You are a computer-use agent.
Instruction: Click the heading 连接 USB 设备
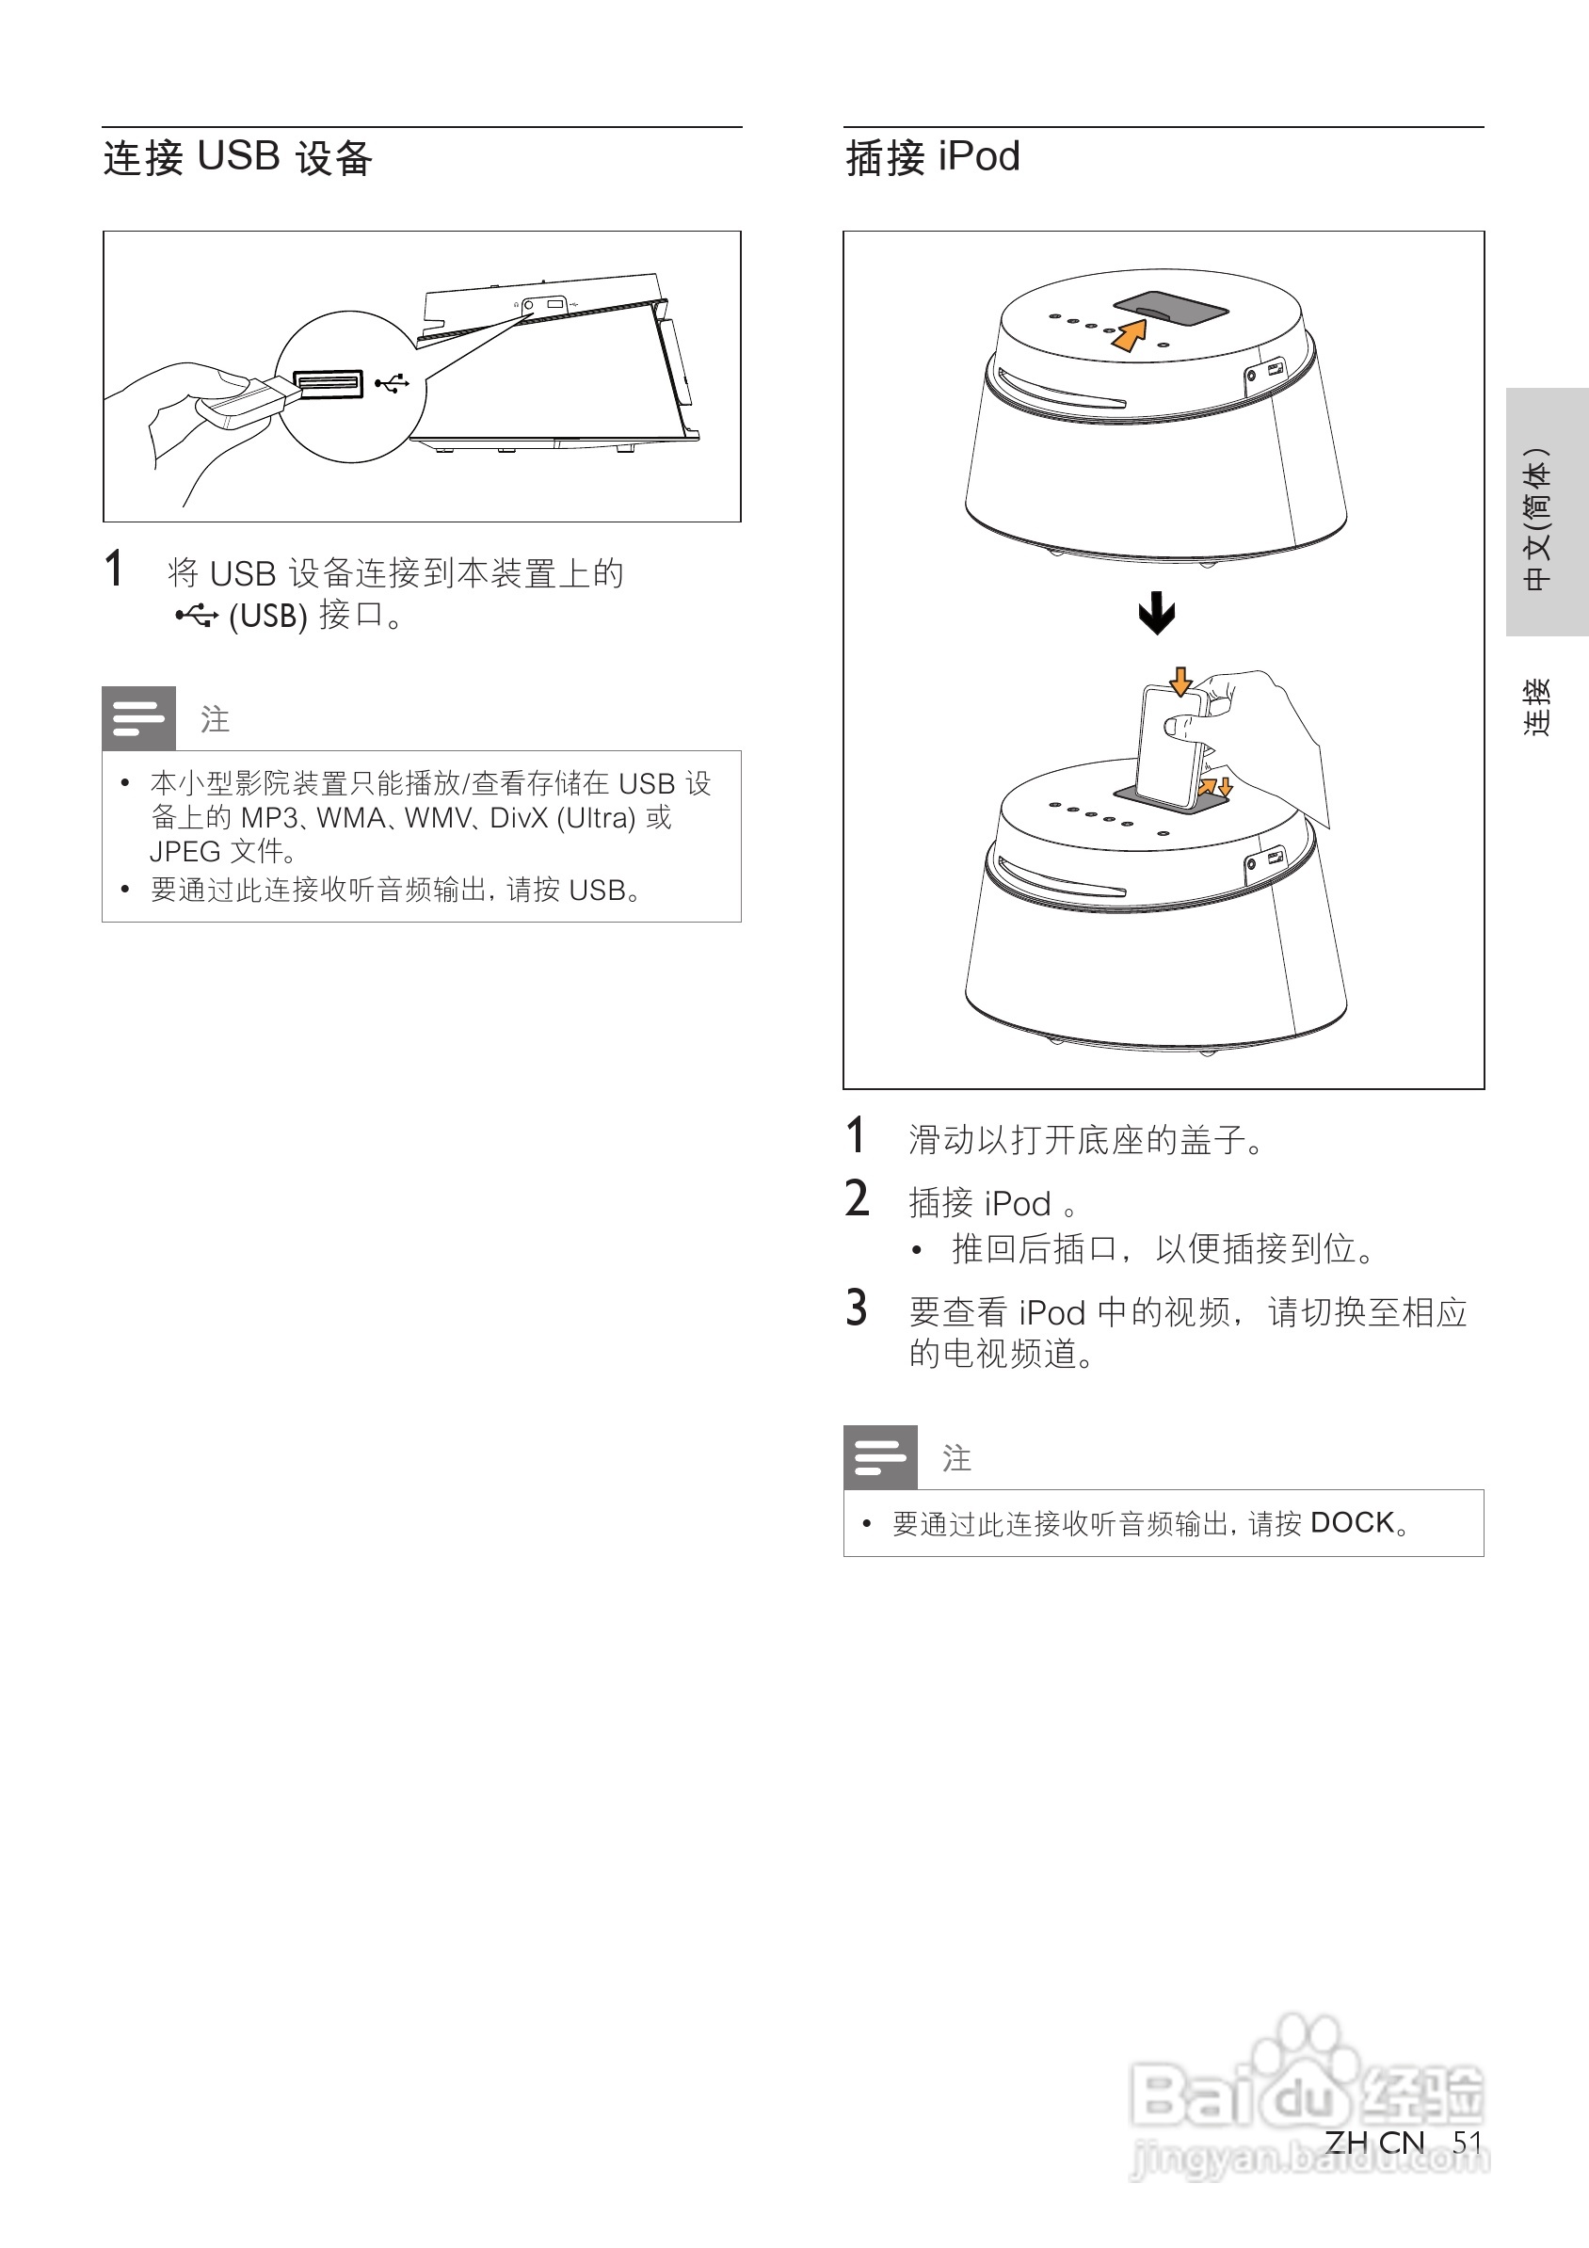point(238,157)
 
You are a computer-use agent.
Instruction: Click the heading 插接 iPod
point(932,157)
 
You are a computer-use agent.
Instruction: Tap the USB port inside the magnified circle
point(328,384)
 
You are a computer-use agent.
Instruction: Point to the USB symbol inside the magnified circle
point(392,383)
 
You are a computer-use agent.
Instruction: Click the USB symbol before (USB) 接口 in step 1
point(196,616)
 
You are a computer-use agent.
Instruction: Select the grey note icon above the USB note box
point(139,718)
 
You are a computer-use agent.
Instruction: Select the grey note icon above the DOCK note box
point(880,1457)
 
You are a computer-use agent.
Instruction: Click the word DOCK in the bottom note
point(1351,1522)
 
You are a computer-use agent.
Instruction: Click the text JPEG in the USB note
point(185,851)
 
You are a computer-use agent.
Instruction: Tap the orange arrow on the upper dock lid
point(1130,333)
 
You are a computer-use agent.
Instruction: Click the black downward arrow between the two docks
point(1156,613)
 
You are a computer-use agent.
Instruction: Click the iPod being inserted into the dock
point(1173,744)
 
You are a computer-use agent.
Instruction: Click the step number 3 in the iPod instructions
point(856,1309)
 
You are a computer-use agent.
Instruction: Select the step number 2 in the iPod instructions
point(856,1199)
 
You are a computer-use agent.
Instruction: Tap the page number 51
point(1467,2142)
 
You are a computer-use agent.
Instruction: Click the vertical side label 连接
point(1537,707)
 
